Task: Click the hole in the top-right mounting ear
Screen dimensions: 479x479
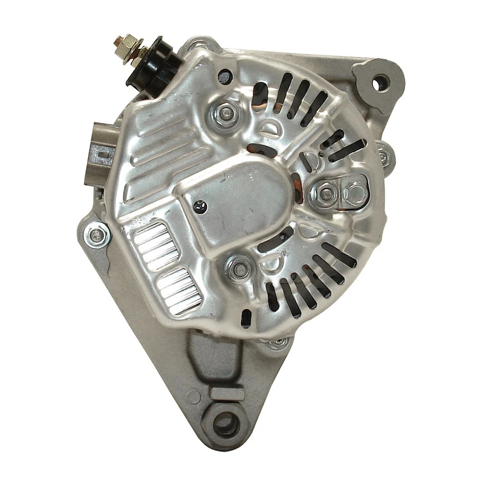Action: [381, 82]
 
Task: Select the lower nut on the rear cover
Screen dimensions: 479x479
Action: [240, 268]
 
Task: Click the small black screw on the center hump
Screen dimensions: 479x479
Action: [201, 204]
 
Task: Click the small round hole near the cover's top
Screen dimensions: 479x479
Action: [225, 76]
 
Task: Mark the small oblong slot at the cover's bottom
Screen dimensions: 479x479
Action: [245, 318]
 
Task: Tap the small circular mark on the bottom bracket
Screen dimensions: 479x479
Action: [193, 397]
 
